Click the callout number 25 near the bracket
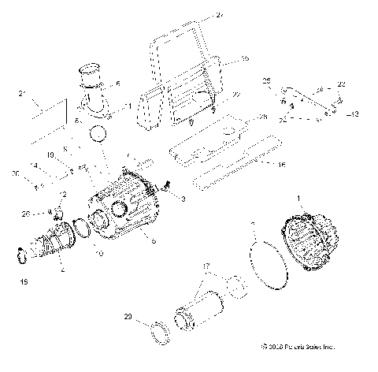266,81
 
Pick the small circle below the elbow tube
97,135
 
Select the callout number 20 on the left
16,173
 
